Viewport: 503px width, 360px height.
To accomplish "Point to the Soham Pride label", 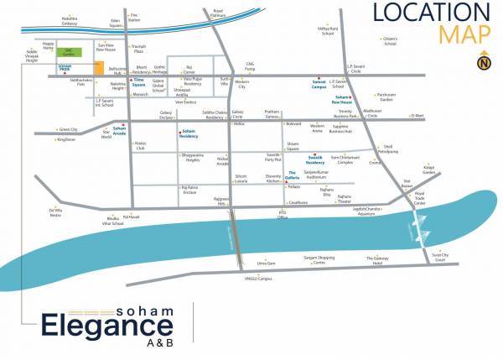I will [64, 69].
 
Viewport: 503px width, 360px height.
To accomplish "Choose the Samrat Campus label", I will [312, 86].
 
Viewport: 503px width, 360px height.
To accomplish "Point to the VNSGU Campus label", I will [253, 278].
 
